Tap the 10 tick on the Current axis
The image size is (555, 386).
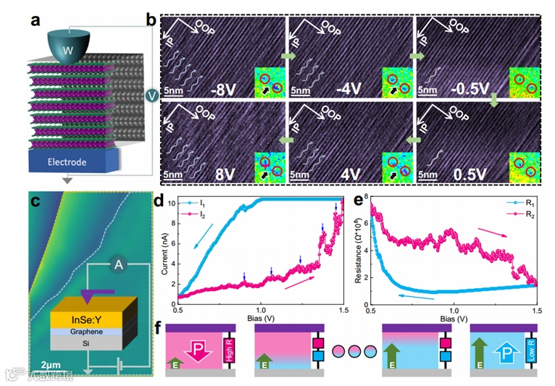pyautogui.click(x=171, y=204)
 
